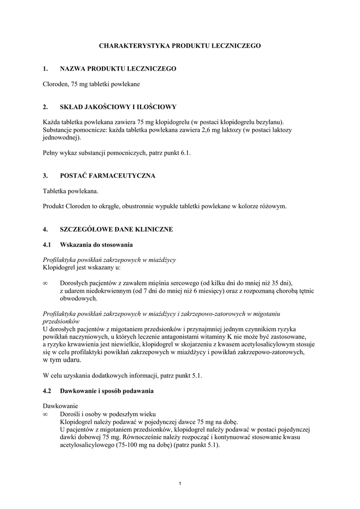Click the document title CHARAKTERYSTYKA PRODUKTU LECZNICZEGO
(x=180, y=45)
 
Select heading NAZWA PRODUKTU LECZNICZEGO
(x=118, y=68)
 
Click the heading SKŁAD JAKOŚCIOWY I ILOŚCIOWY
(x=118, y=106)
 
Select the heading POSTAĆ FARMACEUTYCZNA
(x=107, y=175)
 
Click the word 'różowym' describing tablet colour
(x=274, y=206)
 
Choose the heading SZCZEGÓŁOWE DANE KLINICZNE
(x=116, y=230)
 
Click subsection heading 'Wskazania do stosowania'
(x=96, y=245)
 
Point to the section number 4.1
(x=47, y=245)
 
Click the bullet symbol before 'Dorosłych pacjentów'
(x=45, y=283)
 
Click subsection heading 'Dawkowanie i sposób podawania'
(x=107, y=391)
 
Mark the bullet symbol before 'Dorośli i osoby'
(x=45, y=414)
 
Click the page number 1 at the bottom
(x=180, y=485)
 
